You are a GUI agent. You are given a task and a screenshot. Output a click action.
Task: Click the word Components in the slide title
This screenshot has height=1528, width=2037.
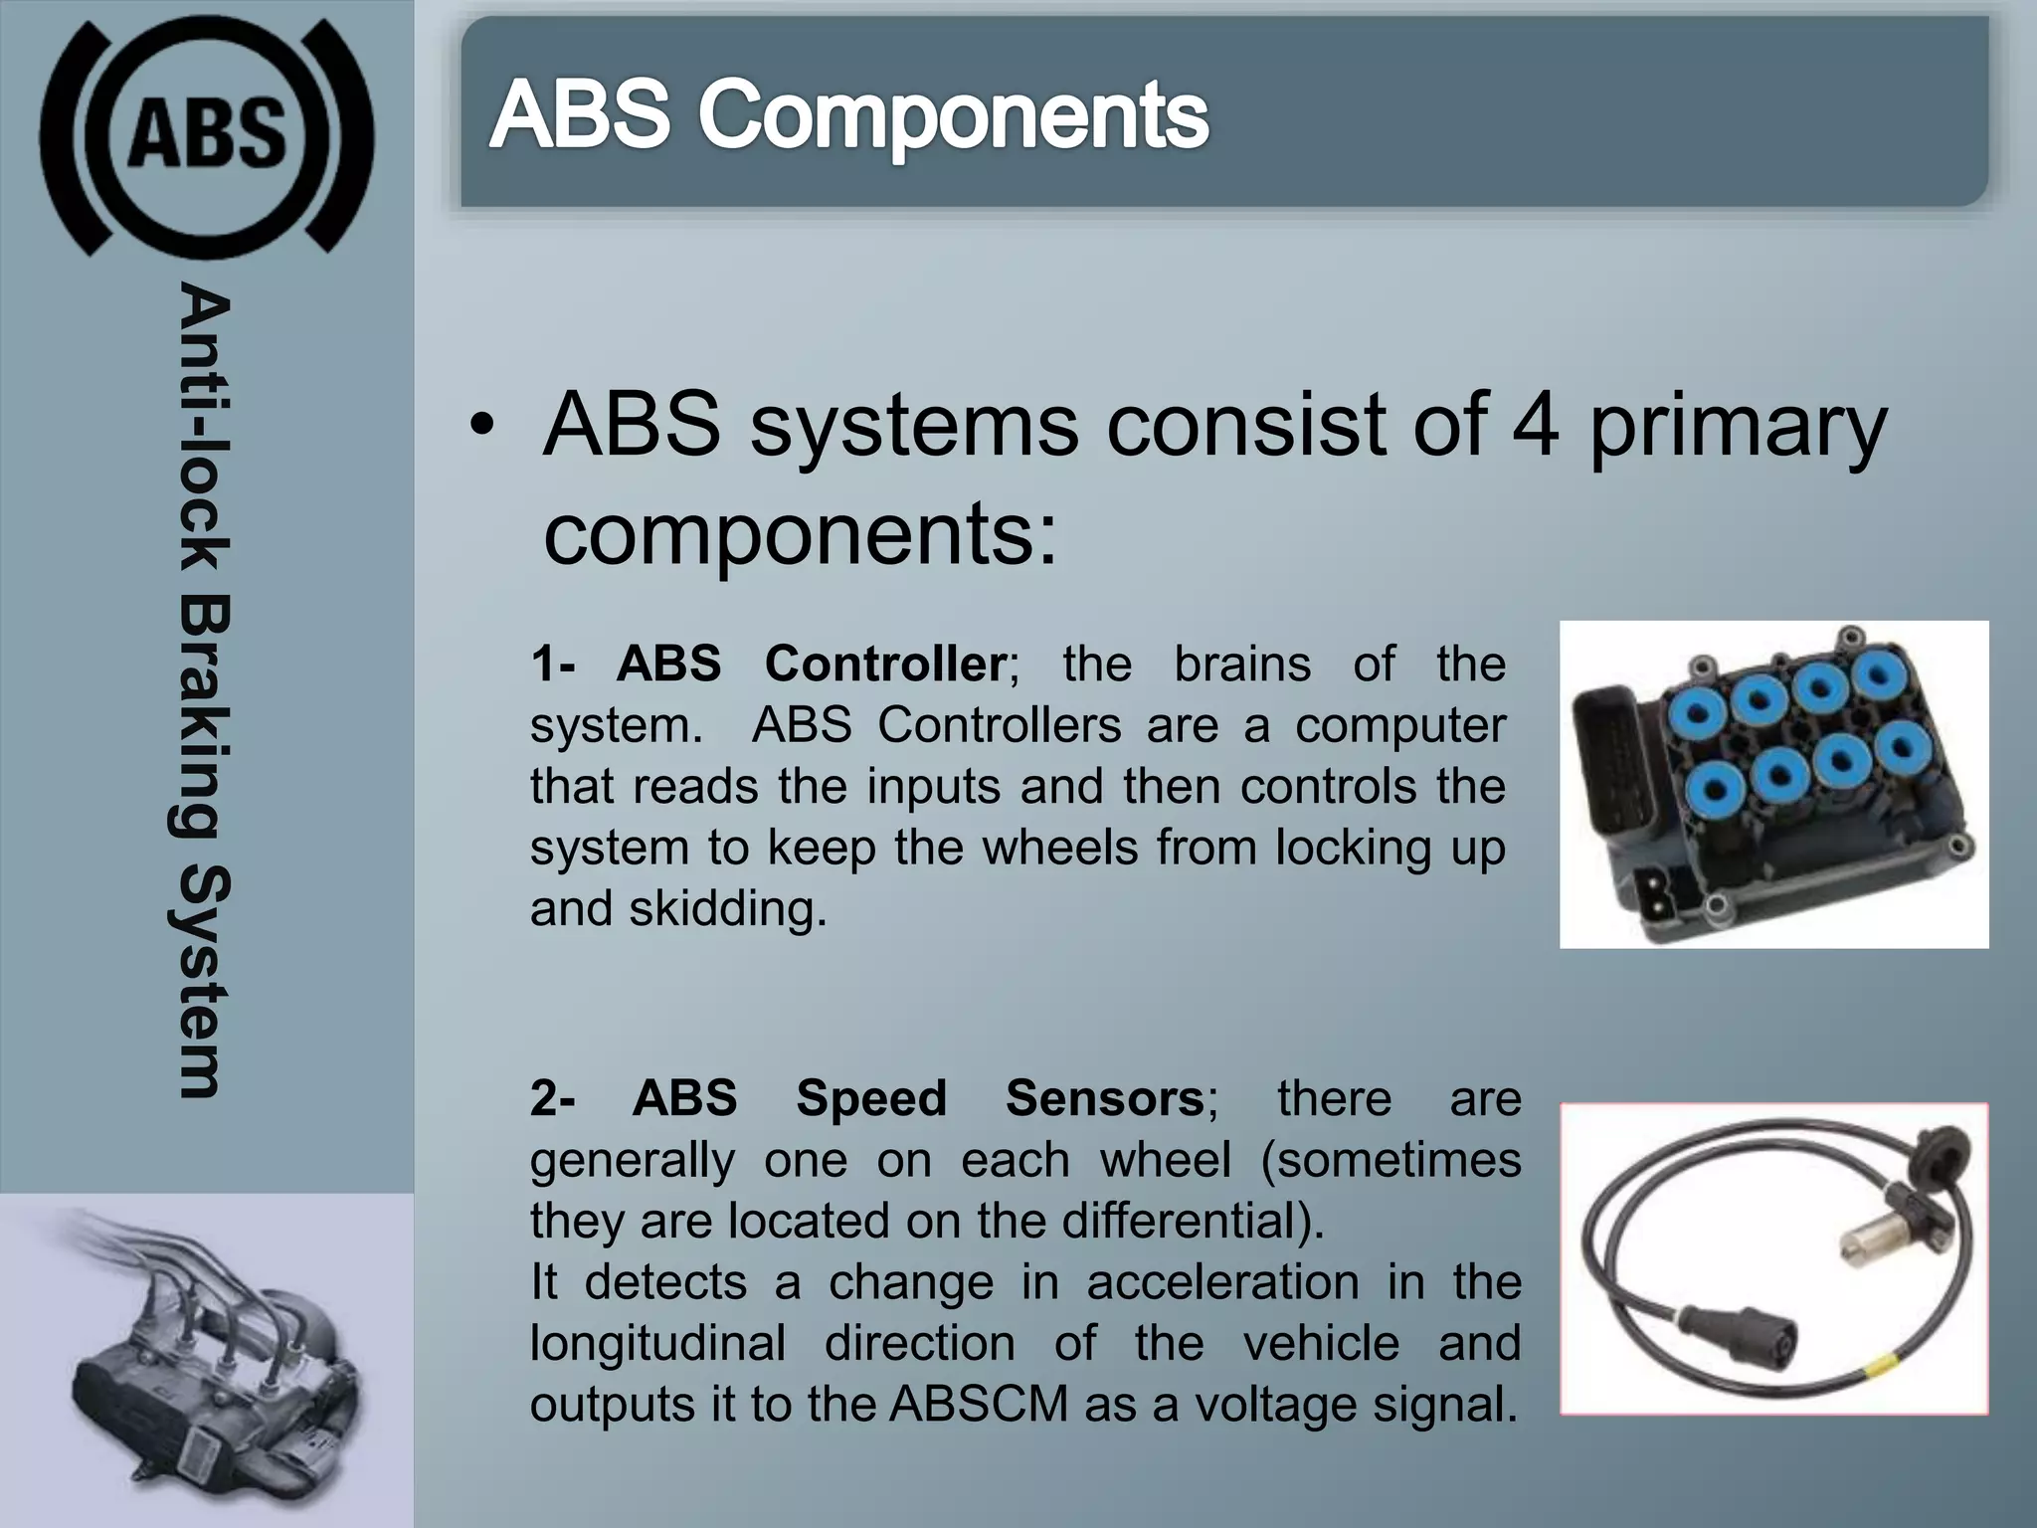coord(952,116)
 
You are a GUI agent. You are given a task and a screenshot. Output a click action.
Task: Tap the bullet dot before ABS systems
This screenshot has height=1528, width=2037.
coord(482,427)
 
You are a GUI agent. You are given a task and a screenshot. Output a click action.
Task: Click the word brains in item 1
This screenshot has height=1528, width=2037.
coord(1241,664)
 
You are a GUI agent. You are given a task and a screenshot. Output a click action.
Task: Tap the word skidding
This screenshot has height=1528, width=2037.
coord(727,909)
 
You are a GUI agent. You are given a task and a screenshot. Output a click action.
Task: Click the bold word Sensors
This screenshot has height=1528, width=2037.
coord(1104,1098)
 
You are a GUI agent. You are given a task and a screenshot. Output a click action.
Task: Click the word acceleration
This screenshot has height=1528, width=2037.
coord(1221,1282)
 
